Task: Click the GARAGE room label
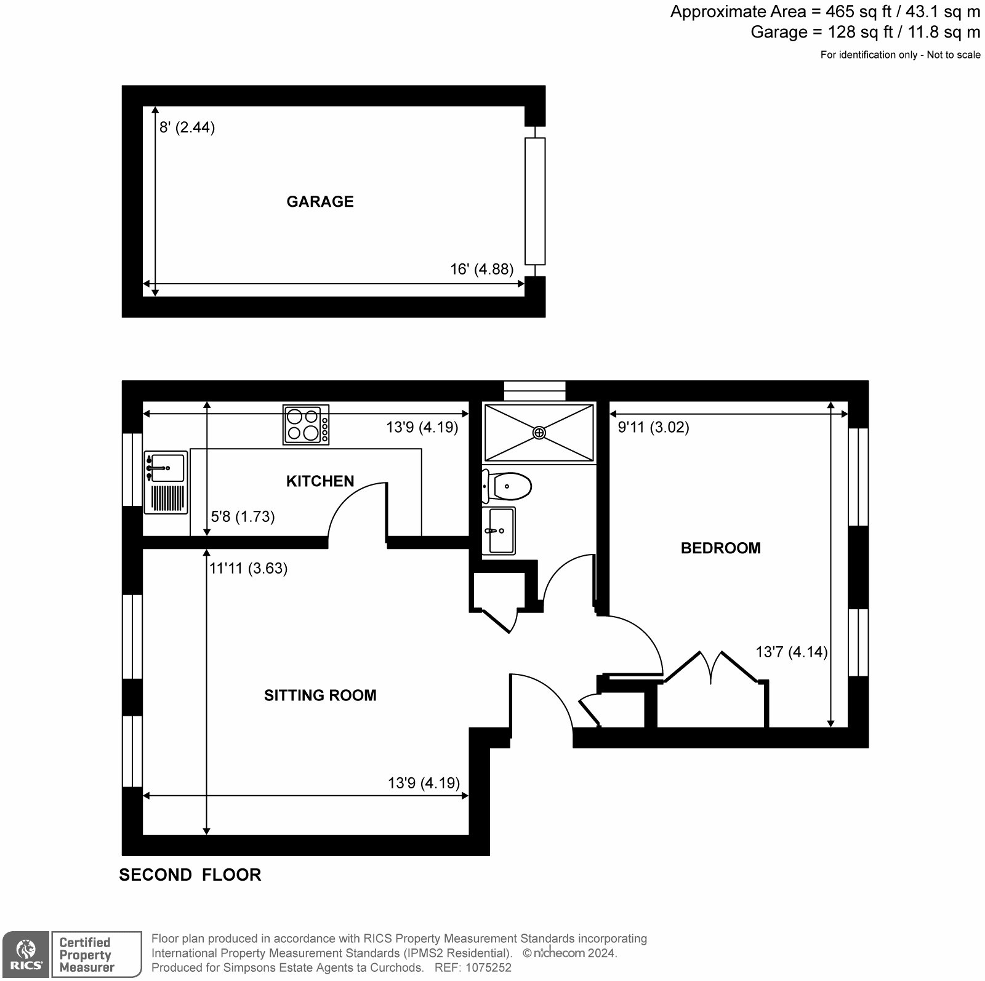click(320, 202)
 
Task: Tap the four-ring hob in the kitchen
click(306, 425)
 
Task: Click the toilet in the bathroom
click(509, 486)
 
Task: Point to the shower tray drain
click(539, 433)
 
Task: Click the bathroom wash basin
click(499, 531)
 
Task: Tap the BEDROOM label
click(720, 548)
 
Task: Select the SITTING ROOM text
click(320, 695)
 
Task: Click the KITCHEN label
click(320, 481)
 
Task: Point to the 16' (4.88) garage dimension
click(481, 270)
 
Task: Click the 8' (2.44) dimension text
click(187, 128)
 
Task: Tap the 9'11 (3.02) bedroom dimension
click(653, 427)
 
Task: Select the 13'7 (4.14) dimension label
click(792, 652)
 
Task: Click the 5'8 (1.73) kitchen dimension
click(243, 517)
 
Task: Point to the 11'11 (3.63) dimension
click(248, 568)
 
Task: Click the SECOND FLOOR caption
click(190, 875)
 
